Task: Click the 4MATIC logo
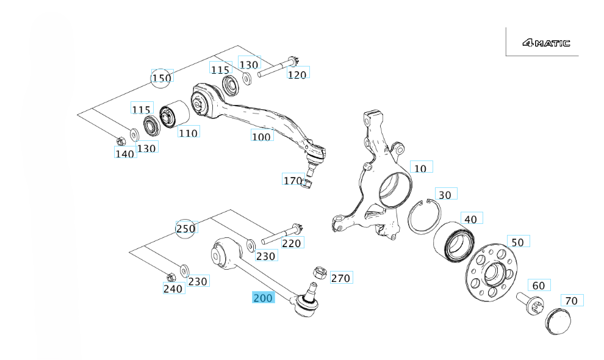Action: click(x=546, y=43)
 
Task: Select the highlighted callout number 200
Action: click(x=264, y=298)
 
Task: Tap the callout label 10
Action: click(x=421, y=167)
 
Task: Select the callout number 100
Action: click(x=261, y=137)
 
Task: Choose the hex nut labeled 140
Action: click(x=120, y=142)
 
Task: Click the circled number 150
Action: click(x=162, y=78)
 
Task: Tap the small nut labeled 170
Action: click(x=308, y=183)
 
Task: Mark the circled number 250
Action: click(x=185, y=229)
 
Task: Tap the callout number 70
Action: click(x=572, y=301)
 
